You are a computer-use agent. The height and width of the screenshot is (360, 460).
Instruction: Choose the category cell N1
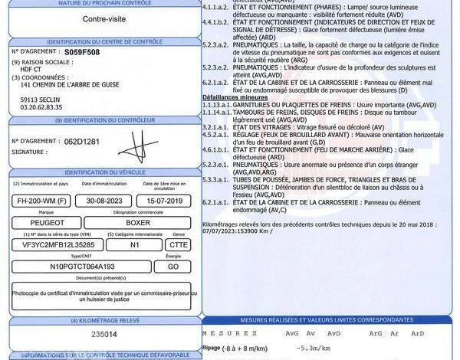[x=134, y=244]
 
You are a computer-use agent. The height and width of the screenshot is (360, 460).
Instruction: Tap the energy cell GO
[x=172, y=266]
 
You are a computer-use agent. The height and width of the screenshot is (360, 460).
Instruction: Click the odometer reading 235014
[x=104, y=334]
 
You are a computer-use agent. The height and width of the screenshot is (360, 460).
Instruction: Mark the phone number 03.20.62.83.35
[x=41, y=108]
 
